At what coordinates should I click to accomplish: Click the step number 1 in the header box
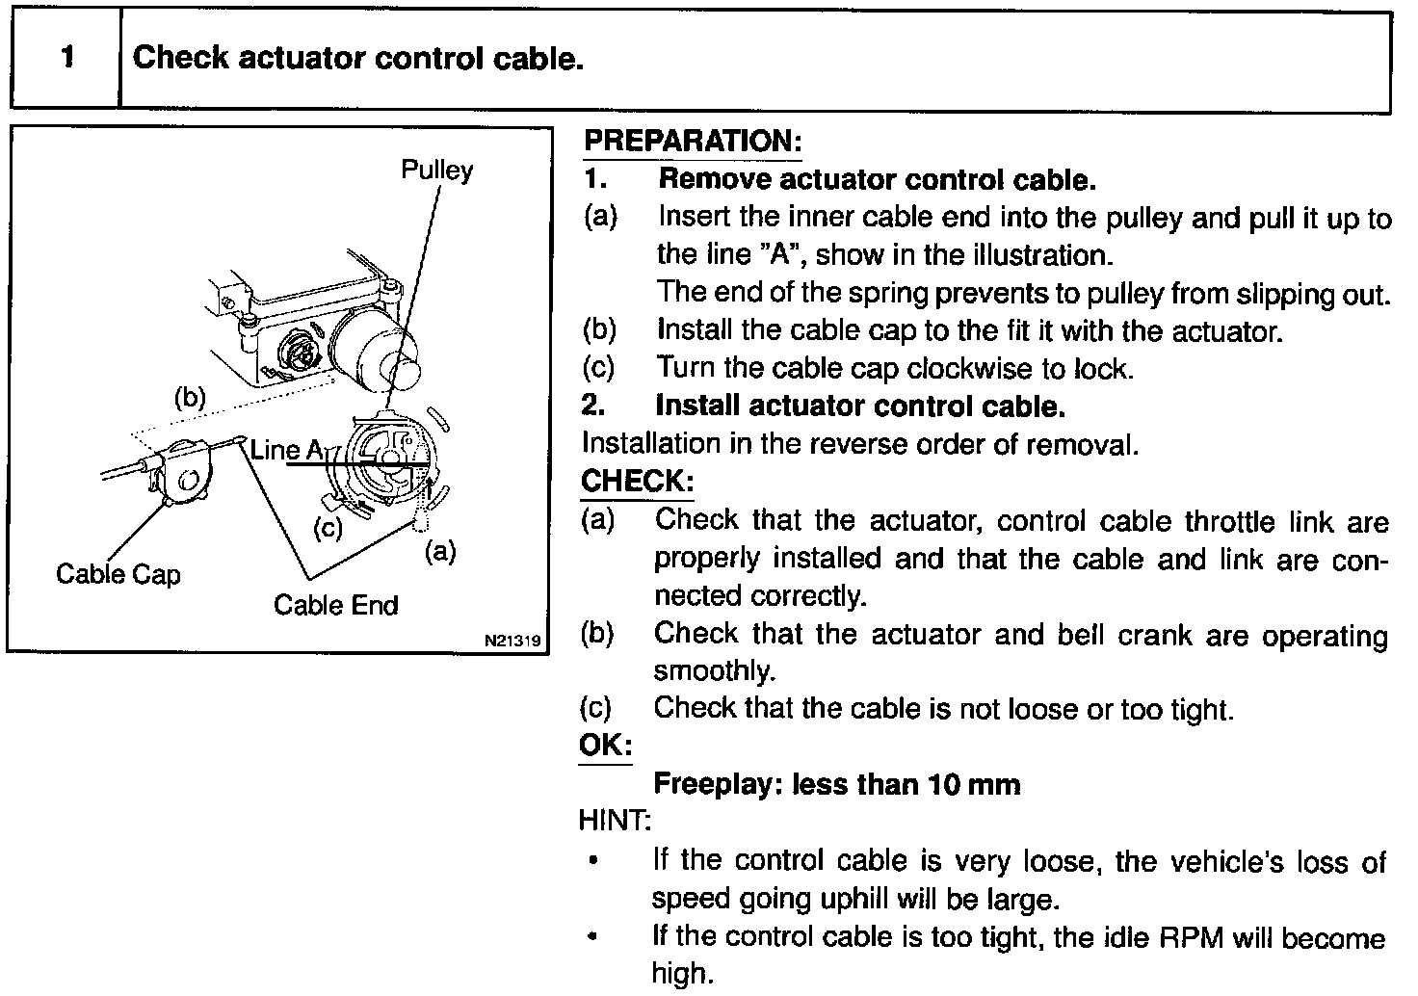pos(66,58)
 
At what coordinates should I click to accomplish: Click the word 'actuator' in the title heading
pos(302,59)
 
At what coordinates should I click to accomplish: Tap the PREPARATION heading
pos(693,142)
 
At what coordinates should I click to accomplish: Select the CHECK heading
pos(637,480)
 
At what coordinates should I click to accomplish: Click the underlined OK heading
pos(605,746)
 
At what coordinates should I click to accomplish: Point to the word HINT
pos(614,821)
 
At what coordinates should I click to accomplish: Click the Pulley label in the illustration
pos(437,170)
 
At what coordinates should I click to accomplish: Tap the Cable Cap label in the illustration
pos(118,574)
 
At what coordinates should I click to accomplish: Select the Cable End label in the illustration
pos(335,605)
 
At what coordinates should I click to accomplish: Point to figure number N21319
pos(513,639)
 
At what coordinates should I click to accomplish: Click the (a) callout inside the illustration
pos(439,552)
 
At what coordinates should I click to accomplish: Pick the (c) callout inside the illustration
pos(328,528)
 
